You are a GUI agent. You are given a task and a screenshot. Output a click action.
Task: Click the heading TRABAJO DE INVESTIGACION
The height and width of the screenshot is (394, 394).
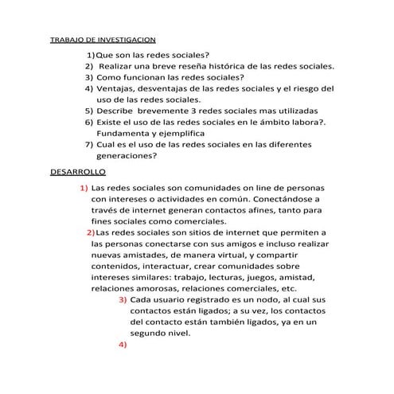pos(103,39)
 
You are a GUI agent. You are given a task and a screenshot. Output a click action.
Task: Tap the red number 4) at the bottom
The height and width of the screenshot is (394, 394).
pos(123,345)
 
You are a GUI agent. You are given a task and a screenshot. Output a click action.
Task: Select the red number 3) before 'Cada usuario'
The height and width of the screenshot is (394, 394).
pos(123,299)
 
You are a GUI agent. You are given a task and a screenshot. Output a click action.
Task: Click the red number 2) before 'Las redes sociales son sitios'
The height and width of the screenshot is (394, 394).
pos(89,232)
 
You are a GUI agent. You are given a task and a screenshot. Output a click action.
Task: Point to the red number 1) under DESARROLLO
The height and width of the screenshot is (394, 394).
pos(84,187)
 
